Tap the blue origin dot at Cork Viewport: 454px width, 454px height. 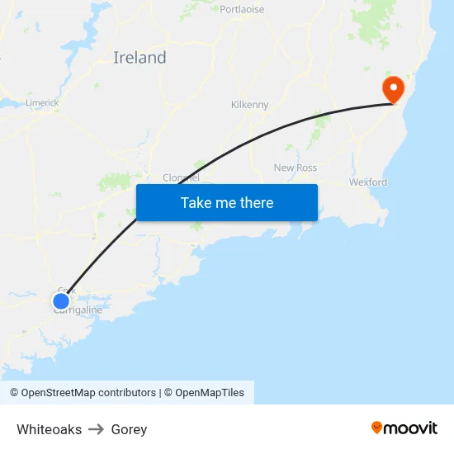pyautogui.click(x=61, y=300)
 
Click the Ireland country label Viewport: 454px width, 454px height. pyautogui.click(x=140, y=58)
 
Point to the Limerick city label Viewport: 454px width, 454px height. pyautogui.click(x=42, y=102)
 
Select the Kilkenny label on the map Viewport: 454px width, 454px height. pyautogui.click(x=249, y=105)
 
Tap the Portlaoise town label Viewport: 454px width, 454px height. pyautogui.click(x=242, y=10)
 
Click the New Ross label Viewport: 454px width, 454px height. pyautogui.click(x=295, y=168)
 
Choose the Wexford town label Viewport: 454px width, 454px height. pyautogui.click(x=367, y=182)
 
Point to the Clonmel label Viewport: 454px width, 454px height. pyautogui.click(x=181, y=177)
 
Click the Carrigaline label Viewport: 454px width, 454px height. pyautogui.click(x=78, y=310)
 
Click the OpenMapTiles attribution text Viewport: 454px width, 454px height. pyautogui.click(x=210, y=393)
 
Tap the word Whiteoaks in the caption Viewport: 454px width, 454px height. pyautogui.click(x=49, y=429)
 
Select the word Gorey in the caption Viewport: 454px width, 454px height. pyautogui.click(x=129, y=429)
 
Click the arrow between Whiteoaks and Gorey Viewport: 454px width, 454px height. pyautogui.click(x=97, y=429)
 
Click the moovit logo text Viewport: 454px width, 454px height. pyautogui.click(x=411, y=428)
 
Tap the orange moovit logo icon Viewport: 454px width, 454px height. pyautogui.click(x=377, y=428)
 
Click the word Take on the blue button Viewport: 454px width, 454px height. pyautogui.click(x=196, y=203)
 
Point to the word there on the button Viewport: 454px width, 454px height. pyautogui.click(x=254, y=203)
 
